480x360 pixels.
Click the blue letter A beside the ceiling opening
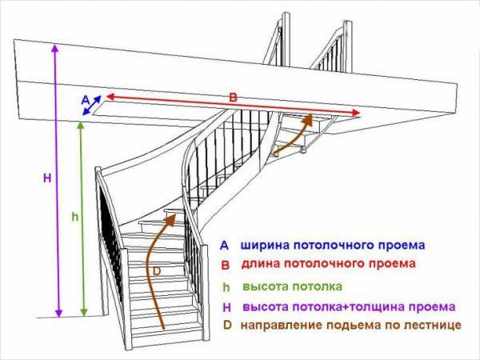86,99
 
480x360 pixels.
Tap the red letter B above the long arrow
233,98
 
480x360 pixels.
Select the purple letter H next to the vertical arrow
47,178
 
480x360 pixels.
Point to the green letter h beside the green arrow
75,217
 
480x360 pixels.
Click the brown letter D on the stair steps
157,271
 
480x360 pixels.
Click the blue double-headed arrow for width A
92,106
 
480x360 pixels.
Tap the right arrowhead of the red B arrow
356,113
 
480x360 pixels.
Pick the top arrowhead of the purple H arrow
55,48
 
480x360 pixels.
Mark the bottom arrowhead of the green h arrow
83,312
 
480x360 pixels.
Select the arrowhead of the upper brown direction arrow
308,118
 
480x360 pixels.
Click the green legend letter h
226,287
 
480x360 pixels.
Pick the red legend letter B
225,265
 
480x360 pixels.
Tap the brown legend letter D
227,325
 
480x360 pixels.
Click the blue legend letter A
224,246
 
